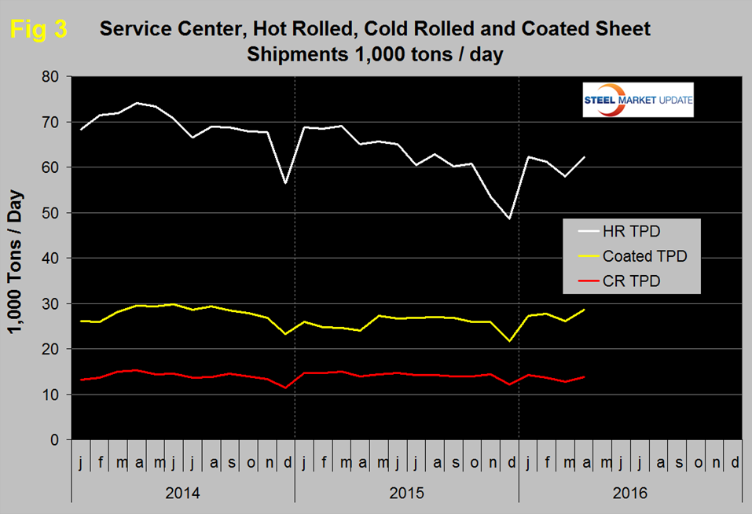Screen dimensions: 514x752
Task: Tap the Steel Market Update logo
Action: (637, 100)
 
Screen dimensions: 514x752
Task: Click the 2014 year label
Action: (182, 494)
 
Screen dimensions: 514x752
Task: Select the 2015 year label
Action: (406, 494)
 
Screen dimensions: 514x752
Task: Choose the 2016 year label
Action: (630, 494)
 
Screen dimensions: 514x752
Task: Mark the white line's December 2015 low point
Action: (510, 218)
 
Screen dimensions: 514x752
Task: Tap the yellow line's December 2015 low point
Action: (510, 341)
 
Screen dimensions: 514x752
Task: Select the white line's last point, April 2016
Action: (585, 157)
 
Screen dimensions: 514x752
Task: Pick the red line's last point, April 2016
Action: (585, 376)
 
